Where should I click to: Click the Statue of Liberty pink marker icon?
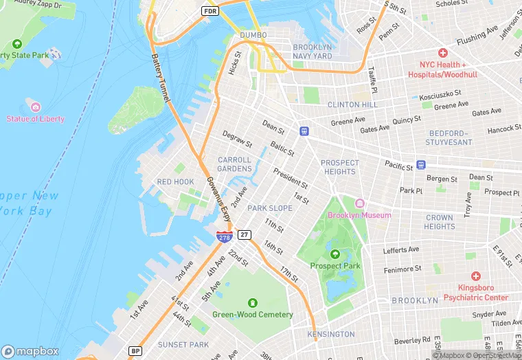[x=35, y=106]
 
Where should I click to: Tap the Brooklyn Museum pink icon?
[x=359, y=203]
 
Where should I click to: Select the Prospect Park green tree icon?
[x=335, y=254]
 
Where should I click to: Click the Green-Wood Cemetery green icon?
[x=252, y=302]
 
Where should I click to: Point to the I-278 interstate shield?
[x=225, y=237]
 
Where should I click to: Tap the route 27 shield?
[x=245, y=235]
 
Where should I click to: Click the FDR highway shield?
[x=209, y=11]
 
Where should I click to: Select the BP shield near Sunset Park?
[x=135, y=351]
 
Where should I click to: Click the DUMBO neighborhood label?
[x=253, y=35]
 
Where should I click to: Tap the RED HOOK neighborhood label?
[x=175, y=182]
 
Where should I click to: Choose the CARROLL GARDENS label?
[x=234, y=164]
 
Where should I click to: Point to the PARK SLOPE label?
[x=270, y=208]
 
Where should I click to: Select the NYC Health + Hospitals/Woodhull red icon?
[x=443, y=53]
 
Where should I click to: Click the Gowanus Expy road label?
[x=218, y=199]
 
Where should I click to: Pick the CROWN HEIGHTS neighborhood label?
[x=439, y=222]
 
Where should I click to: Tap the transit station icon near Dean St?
[x=304, y=131]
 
